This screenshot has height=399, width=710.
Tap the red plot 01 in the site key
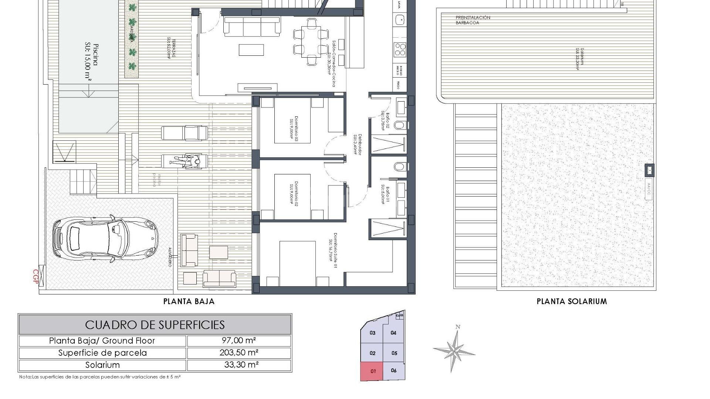tap(372, 371)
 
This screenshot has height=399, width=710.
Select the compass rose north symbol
tap(454, 349)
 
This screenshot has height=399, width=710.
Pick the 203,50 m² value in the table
tap(239, 352)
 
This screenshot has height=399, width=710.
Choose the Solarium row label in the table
tap(102, 365)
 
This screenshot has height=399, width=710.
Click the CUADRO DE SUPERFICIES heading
tap(155, 325)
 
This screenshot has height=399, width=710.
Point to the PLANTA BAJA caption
tap(189, 301)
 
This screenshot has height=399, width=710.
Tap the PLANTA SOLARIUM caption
tap(572, 301)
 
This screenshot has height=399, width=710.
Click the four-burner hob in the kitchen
tap(400, 50)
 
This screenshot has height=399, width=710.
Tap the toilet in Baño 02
tap(399, 125)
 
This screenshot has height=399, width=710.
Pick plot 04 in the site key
tap(393, 333)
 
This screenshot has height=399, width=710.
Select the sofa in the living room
tap(252, 27)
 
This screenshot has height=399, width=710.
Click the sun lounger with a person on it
tap(185, 161)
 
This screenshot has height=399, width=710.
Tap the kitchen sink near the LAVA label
tap(399, 20)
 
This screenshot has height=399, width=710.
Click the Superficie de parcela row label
tap(102, 353)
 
